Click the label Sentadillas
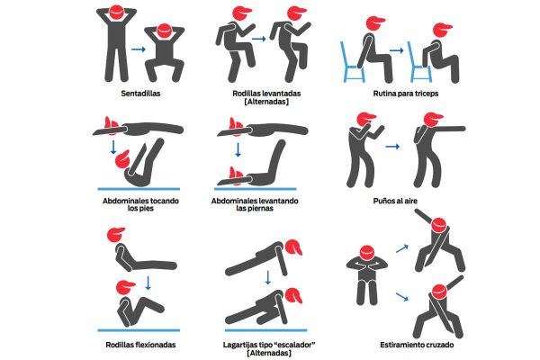(x=140, y=94)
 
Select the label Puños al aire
(x=395, y=201)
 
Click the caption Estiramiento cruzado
(x=417, y=345)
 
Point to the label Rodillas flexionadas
(x=140, y=345)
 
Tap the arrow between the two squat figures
(x=139, y=49)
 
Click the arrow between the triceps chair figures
(x=397, y=50)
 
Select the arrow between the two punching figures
(x=392, y=147)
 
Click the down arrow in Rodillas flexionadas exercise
(x=148, y=282)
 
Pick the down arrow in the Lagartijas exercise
(x=268, y=277)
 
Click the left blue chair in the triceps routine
(x=352, y=62)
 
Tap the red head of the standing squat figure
(x=116, y=13)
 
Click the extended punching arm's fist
(x=463, y=129)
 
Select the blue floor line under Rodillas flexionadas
(x=139, y=330)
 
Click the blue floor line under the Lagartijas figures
(x=265, y=330)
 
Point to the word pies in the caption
(x=146, y=209)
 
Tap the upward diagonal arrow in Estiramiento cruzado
(x=402, y=248)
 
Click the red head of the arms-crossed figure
(x=367, y=253)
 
